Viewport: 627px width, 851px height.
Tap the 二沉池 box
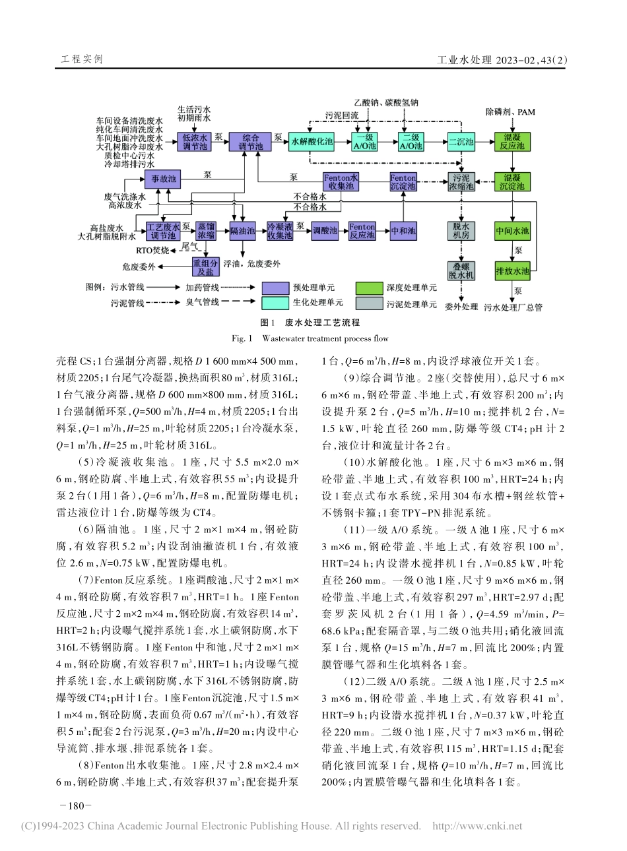click(x=461, y=142)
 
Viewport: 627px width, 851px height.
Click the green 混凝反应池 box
click(x=512, y=142)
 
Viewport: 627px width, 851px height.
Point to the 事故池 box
click(x=163, y=179)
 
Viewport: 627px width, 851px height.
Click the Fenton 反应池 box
click(x=362, y=231)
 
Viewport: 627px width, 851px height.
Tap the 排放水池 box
click(x=513, y=270)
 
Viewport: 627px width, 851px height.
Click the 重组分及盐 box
click(x=203, y=266)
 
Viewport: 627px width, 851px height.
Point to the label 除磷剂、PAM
click(x=510, y=112)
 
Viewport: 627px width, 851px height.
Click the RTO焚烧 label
click(x=153, y=251)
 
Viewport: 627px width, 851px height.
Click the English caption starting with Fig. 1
click(x=310, y=338)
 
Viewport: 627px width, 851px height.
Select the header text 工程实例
click(x=82, y=59)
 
